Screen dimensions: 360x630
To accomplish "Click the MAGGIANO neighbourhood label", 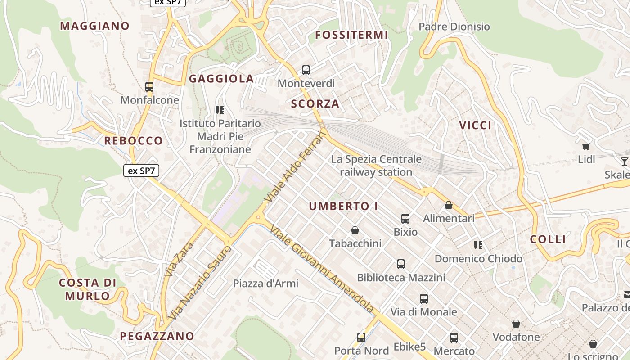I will (x=94, y=26).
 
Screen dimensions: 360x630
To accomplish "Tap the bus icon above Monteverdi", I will (x=306, y=70).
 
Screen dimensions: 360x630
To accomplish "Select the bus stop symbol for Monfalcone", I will (x=149, y=86).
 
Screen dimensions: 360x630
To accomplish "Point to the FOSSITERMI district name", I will (x=351, y=35).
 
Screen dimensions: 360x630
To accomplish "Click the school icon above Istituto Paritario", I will (x=220, y=110).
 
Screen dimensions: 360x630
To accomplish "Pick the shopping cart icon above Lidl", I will (x=586, y=146).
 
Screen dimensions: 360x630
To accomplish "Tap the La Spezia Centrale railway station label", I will (x=376, y=166).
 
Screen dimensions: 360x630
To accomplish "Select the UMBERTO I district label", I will (x=343, y=207).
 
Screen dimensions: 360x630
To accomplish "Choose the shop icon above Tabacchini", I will (x=355, y=230).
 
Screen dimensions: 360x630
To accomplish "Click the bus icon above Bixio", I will (x=405, y=219).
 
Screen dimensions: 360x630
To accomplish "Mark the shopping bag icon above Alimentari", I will (x=449, y=205).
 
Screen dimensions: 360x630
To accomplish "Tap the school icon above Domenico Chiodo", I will (x=478, y=245).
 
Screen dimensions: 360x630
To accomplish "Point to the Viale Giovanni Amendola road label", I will (x=321, y=269).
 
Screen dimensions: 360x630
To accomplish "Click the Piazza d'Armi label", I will (x=265, y=283).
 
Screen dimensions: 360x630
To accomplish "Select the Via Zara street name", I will (x=179, y=259).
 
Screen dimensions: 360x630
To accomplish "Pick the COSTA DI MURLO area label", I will (x=88, y=289).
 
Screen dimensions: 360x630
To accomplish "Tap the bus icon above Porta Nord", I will (x=361, y=337).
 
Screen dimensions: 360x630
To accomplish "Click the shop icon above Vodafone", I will (x=516, y=324).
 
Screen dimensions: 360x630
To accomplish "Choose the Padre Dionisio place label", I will (x=454, y=27).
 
